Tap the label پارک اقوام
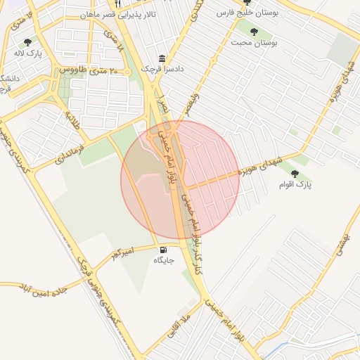point(298,184)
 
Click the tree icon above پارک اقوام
point(295,173)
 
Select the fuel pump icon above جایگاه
point(163,250)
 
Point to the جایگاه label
point(163,260)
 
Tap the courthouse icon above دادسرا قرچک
point(162,58)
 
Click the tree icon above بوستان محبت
point(253,32)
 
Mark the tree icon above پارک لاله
point(27,42)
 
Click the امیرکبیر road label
point(120,251)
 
